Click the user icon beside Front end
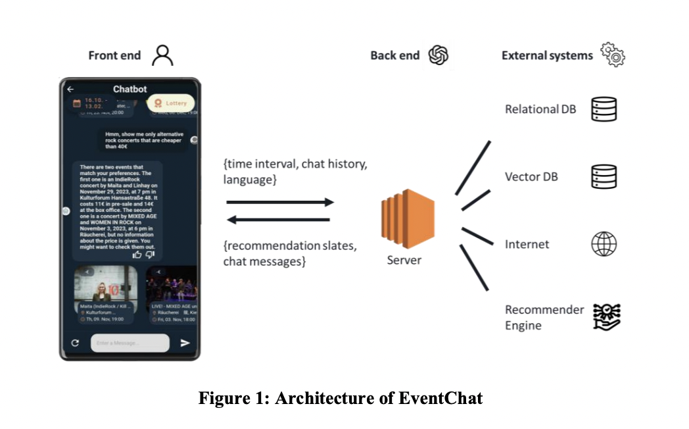(x=162, y=55)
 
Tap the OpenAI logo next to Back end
(x=438, y=55)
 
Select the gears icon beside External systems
(x=613, y=55)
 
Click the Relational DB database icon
(x=604, y=109)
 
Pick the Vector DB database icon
(x=604, y=176)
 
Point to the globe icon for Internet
(x=604, y=244)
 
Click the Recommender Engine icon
(x=606, y=316)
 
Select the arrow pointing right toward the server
(x=279, y=203)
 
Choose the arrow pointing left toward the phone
(x=279, y=220)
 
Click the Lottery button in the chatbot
(x=171, y=103)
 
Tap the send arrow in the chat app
(x=185, y=343)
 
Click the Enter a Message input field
(x=130, y=343)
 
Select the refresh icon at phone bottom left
(x=76, y=343)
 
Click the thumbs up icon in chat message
(x=137, y=254)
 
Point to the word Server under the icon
(x=404, y=260)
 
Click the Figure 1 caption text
(x=341, y=398)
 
